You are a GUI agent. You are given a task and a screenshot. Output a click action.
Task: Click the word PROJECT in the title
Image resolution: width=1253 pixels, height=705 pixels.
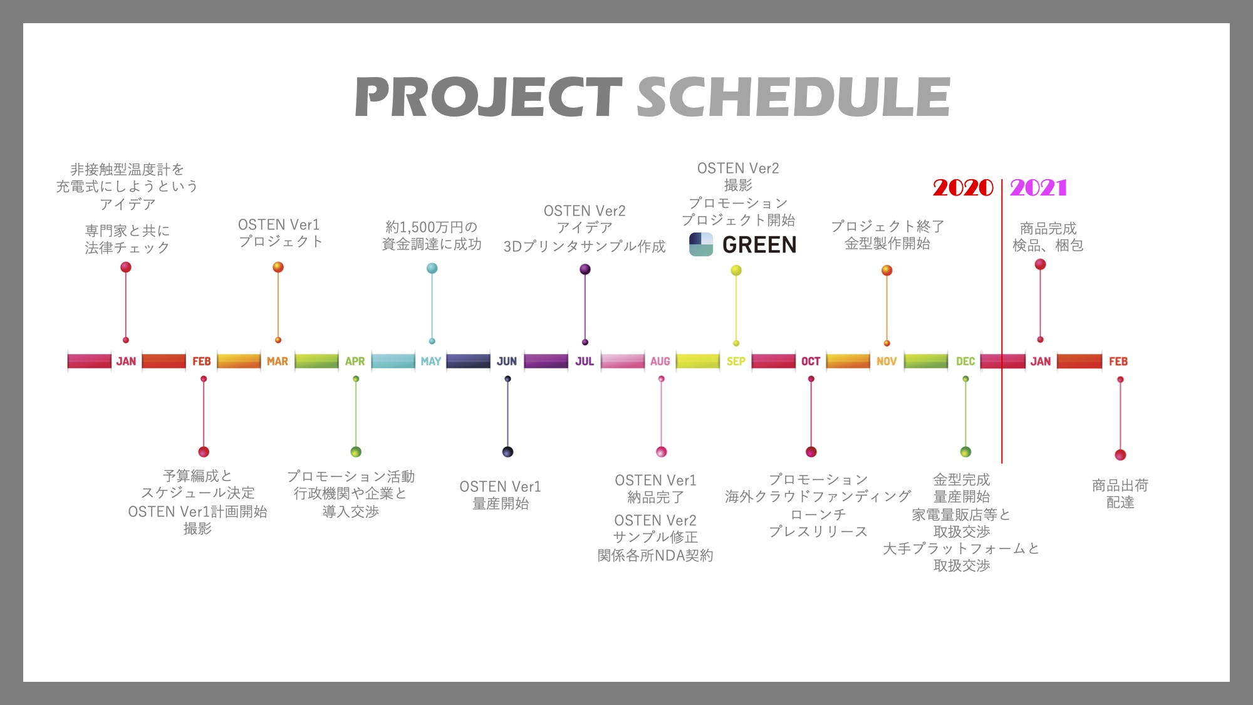coord(488,97)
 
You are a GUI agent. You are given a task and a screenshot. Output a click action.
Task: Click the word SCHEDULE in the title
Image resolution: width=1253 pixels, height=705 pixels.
coord(794,97)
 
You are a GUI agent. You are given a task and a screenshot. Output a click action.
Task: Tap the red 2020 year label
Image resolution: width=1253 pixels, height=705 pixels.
coord(963,187)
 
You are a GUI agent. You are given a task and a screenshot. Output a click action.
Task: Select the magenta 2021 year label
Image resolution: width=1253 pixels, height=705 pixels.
coord(1038,187)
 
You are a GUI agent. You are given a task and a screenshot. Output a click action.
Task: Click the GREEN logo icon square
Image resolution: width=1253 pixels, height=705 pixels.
coord(701,244)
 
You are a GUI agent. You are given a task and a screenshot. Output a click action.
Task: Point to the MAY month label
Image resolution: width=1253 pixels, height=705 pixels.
coord(431,362)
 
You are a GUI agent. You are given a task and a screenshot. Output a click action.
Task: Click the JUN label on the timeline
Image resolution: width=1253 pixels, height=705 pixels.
coord(507,362)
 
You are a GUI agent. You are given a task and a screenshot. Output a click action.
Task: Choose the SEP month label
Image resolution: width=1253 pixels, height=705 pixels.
coord(736,362)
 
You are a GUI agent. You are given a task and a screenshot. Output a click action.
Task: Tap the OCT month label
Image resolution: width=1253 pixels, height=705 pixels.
coord(811,362)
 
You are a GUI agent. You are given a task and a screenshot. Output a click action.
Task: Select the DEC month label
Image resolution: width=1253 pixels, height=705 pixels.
coord(965,362)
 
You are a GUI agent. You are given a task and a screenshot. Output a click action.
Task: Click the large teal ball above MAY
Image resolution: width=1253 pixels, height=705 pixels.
coord(432,268)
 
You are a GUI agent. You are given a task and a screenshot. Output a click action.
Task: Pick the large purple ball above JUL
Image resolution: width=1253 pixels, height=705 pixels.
coord(585,269)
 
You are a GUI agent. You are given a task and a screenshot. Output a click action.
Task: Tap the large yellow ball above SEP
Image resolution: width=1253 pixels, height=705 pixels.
coord(736,270)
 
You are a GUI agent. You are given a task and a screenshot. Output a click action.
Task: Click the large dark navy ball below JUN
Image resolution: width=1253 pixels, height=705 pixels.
coord(507,452)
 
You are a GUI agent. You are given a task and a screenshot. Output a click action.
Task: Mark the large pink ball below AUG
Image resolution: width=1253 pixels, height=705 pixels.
coord(661,452)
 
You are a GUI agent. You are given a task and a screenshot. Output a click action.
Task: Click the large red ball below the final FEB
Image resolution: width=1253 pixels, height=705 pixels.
coord(1120,455)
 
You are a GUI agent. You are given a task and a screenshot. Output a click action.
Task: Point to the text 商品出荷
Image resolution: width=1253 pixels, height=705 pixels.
coord(1120,485)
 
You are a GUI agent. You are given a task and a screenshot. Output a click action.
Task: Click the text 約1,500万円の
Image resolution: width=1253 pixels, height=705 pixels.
coord(432,227)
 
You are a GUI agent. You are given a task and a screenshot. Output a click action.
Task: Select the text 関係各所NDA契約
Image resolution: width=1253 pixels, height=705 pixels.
coord(655,555)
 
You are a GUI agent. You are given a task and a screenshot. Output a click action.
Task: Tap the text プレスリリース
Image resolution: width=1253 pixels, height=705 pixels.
coord(818,531)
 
